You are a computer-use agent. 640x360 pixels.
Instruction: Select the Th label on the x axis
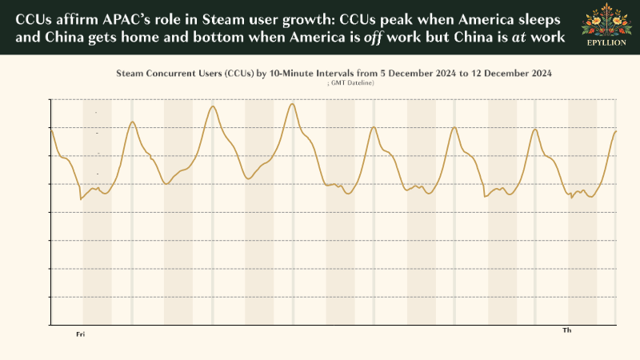pos(567,330)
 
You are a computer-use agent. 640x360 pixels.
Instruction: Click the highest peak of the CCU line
pos(293,104)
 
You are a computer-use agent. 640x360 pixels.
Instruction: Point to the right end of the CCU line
pos(615,130)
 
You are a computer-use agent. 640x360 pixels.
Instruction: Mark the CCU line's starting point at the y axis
pos(51,128)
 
